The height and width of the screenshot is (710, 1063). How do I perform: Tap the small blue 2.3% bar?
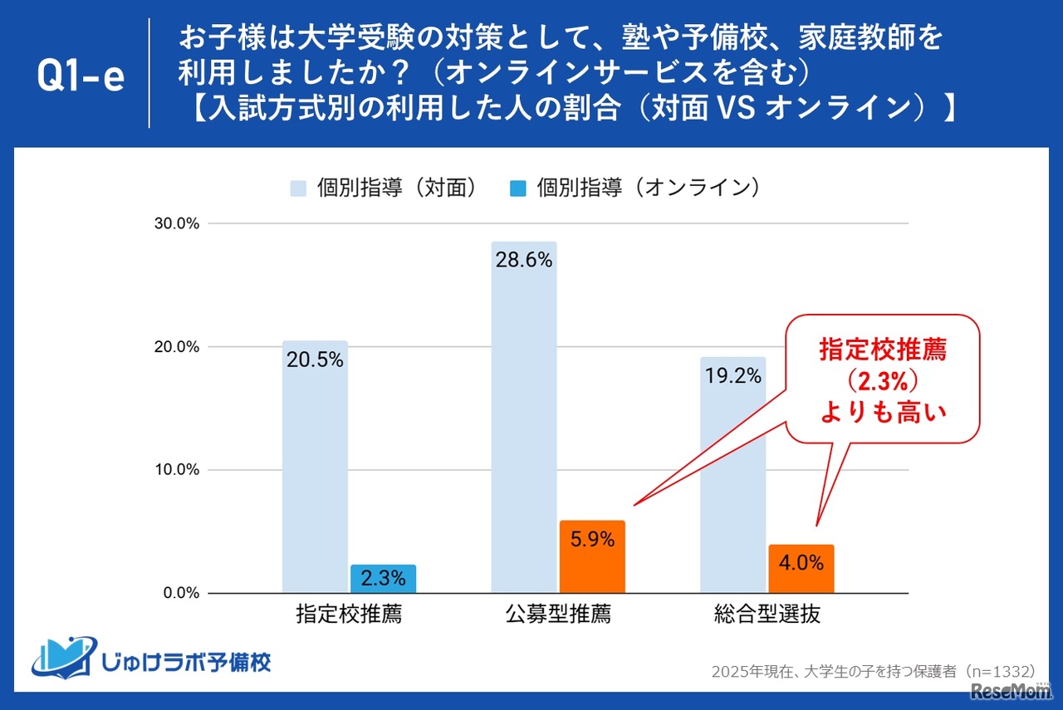tap(383, 579)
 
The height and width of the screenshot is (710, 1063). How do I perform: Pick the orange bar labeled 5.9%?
tap(592, 556)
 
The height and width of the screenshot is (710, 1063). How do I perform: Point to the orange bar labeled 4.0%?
tap(801, 568)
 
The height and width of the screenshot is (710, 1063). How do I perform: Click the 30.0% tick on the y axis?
tap(176, 224)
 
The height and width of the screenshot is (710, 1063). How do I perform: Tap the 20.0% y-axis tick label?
tap(176, 347)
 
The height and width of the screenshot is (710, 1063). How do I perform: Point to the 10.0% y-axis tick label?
tap(176, 470)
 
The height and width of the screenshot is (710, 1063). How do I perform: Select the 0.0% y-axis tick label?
tap(179, 593)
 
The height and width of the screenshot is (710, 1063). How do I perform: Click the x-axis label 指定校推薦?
tap(349, 615)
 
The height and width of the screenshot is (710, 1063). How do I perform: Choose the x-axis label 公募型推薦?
tap(557, 615)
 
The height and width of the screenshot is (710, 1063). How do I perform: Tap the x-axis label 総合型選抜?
tap(767, 615)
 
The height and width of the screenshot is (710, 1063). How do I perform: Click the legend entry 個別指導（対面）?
tap(385, 189)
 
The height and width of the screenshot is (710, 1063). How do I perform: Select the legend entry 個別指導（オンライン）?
tap(636, 189)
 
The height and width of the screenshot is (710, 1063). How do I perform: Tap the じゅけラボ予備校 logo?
tap(151, 657)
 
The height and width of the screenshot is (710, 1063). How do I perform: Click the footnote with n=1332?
tap(873, 671)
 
